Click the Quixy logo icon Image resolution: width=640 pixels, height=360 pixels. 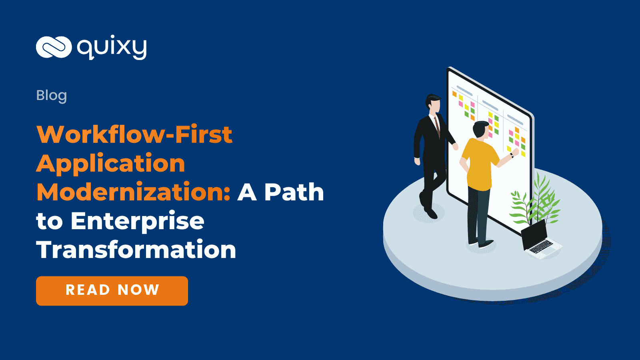tap(54, 47)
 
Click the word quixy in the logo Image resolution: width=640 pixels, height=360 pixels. tap(112, 48)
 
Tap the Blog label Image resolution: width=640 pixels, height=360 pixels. tap(51, 95)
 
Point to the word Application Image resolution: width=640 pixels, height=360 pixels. tap(110, 163)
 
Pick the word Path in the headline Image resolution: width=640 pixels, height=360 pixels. tap(294, 192)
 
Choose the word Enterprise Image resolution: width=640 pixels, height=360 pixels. tap(137, 221)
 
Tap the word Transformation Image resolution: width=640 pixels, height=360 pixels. tap(136, 250)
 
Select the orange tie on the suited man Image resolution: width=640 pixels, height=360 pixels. tap(437, 126)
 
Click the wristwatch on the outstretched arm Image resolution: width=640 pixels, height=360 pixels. tap(512, 155)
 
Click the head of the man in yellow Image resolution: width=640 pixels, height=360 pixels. tap(481, 130)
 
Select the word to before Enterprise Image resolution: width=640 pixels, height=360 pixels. tap(49, 221)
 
